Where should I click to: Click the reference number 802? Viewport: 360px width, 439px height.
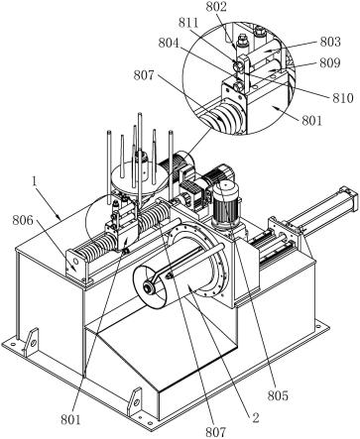216,7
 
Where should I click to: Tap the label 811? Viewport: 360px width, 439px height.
188,23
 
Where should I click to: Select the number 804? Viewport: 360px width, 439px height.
169,44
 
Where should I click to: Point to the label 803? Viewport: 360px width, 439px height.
330,42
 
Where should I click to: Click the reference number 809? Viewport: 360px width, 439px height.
330,62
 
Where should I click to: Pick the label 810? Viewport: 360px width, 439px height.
343,98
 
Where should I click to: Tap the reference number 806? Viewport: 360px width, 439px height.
23,220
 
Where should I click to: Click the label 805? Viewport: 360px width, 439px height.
278,395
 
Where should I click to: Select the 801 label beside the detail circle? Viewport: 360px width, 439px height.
311,120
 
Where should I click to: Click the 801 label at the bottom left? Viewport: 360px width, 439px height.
70,419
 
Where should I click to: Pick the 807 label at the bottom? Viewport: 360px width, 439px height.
216,432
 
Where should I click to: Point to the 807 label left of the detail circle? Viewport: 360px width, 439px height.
144,75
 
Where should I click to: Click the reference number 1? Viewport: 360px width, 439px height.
34,181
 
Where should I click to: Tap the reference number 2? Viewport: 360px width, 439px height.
255,418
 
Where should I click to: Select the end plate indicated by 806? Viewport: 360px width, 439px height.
76,265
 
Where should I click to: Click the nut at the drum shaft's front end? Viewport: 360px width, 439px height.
150,288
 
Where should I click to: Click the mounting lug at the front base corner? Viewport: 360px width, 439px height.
135,402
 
